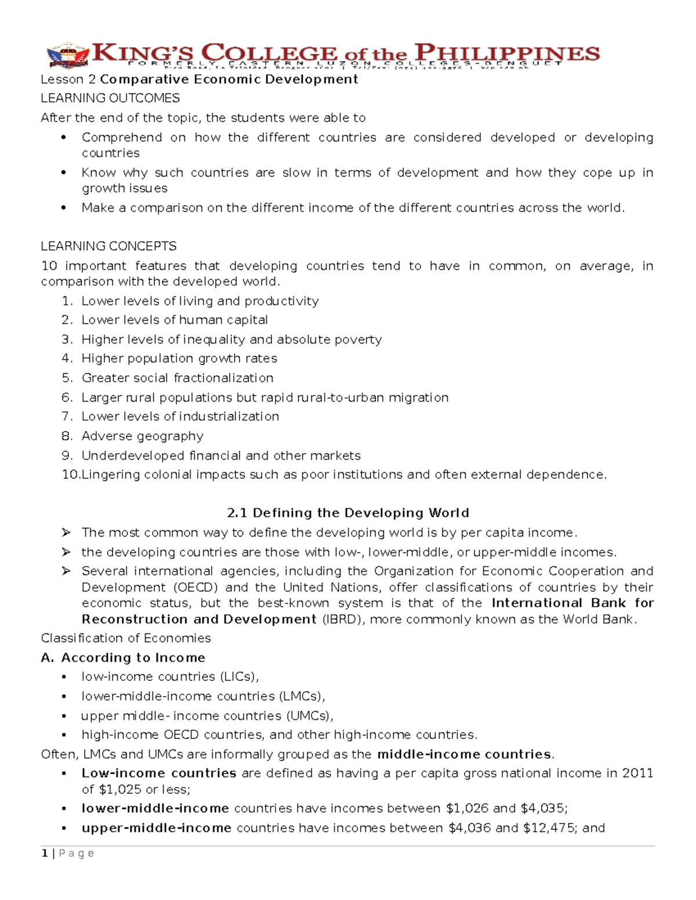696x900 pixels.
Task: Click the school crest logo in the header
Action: tap(68, 56)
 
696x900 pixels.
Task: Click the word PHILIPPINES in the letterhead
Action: tap(503, 53)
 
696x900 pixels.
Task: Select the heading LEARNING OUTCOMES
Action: tap(110, 98)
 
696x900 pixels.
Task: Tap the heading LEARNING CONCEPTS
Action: tap(108, 246)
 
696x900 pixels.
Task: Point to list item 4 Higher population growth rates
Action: tap(179, 359)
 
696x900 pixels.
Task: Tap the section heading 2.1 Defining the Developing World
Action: tap(347, 513)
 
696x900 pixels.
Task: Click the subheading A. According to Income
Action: tap(123, 658)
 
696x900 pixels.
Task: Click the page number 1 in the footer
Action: tap(44, 854)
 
